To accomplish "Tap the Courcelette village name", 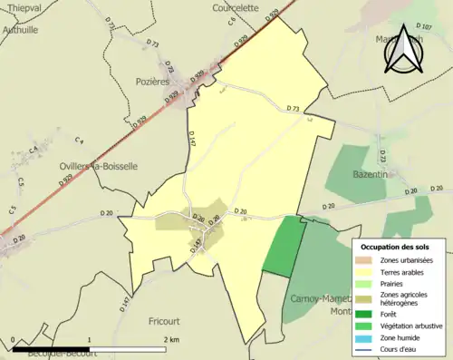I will point(237,7).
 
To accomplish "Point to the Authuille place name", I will point(20,28).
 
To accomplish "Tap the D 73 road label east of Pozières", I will point(292,109).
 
